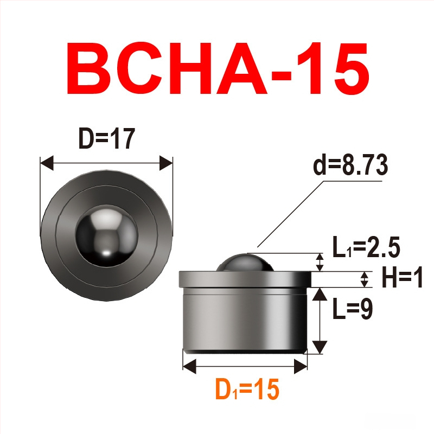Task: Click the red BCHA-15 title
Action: click(218, 68)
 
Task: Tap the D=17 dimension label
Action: click(107, 138)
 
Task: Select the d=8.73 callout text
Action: click(350, 165)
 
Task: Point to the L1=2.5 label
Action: click(366, 247)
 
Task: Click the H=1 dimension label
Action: click(403, 278)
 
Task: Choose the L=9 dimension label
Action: click(353, 308)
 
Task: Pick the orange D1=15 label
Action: click(247, 389)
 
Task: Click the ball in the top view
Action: click(106, 235)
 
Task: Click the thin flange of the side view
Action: click(245, 279)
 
